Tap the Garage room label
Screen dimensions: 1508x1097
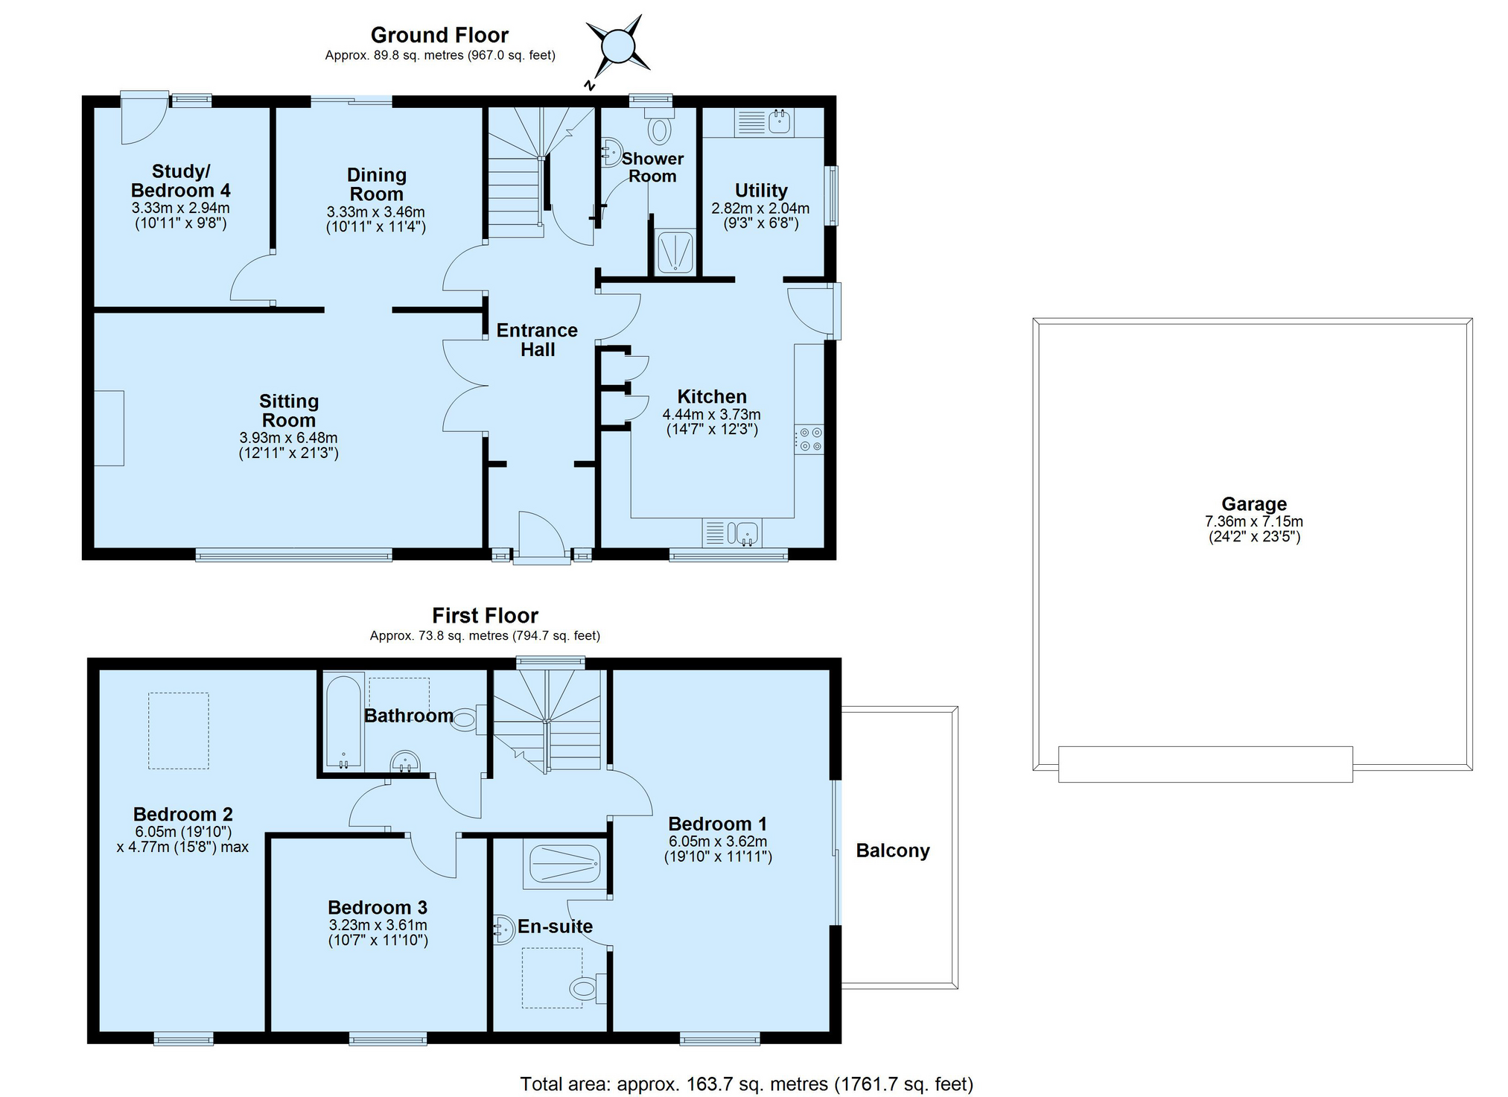[x=1254, y=504]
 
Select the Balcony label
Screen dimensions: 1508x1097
[x=893, y=850]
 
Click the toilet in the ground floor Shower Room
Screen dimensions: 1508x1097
[x=659, y=127]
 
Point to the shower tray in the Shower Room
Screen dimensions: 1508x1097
[x=675, y=252]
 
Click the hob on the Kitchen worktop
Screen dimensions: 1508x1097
[x=809, y=439]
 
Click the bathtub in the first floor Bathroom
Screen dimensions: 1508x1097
[x=343, y=722]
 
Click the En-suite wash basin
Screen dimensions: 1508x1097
[x=504, y=929]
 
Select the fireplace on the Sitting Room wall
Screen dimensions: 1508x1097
[x=109, y=428]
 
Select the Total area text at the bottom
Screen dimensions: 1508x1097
[x=746, y=1084]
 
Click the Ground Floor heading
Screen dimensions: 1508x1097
[x=439, y=35]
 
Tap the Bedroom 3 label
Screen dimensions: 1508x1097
[x=378, y=907]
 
